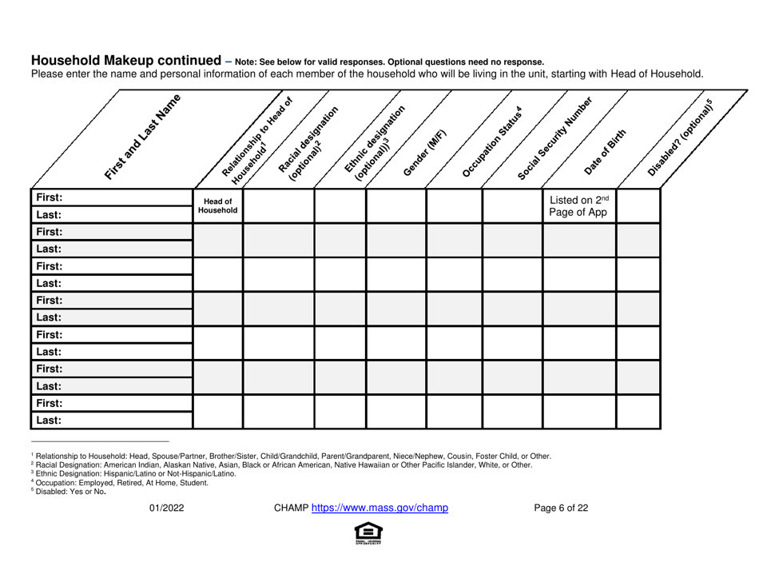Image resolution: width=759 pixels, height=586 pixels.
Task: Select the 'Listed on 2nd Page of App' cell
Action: coord(579,206)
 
